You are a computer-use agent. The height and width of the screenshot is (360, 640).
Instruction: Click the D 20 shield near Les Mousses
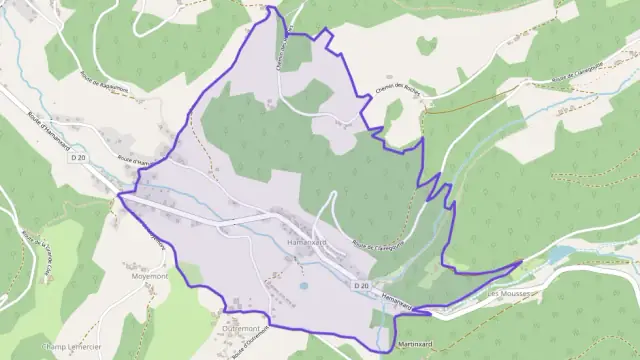(362, 286)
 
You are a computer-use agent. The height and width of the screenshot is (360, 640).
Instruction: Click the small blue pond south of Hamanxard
(303, 286)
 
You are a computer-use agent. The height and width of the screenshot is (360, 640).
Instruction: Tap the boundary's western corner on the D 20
(119, 195)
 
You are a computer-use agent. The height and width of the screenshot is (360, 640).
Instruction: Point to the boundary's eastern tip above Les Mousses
(521, 262)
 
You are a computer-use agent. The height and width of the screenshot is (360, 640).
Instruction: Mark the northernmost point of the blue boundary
(269, 7)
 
